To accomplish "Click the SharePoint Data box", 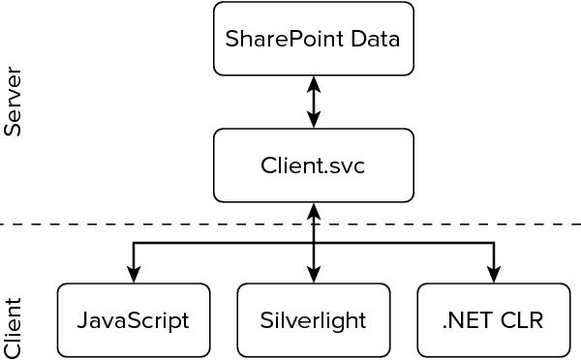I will point(313,39).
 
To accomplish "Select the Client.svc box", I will point(313,165).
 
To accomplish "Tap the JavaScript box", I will point(134,319).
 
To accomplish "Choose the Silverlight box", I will point(313,319).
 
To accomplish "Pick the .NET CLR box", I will point(493,319).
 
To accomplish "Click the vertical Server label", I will point(14,102).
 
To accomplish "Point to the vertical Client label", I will point(14,328).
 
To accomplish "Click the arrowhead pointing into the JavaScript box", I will point(134,276).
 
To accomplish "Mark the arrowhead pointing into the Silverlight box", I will point(313,276).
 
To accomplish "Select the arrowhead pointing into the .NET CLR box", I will point(493,276).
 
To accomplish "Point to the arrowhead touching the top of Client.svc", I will point(313,121).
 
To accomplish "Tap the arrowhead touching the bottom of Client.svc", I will point(313,210).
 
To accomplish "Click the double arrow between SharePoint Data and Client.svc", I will point(313,102).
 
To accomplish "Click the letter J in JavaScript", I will point(82,319).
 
